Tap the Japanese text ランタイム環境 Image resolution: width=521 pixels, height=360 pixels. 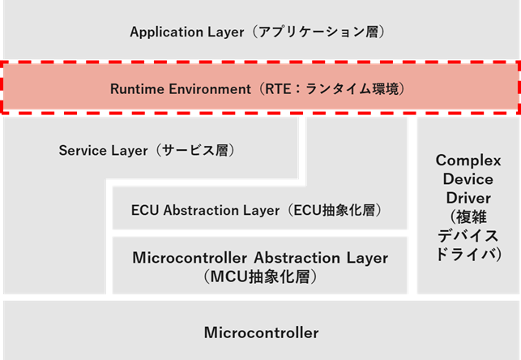point(354,88)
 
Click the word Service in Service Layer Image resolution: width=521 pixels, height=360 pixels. point(82,151)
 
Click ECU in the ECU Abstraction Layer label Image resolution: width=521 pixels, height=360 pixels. point(144,210)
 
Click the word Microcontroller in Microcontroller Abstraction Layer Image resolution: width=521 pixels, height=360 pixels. point(190,259)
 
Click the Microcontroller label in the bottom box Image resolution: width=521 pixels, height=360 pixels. point(261,332)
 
